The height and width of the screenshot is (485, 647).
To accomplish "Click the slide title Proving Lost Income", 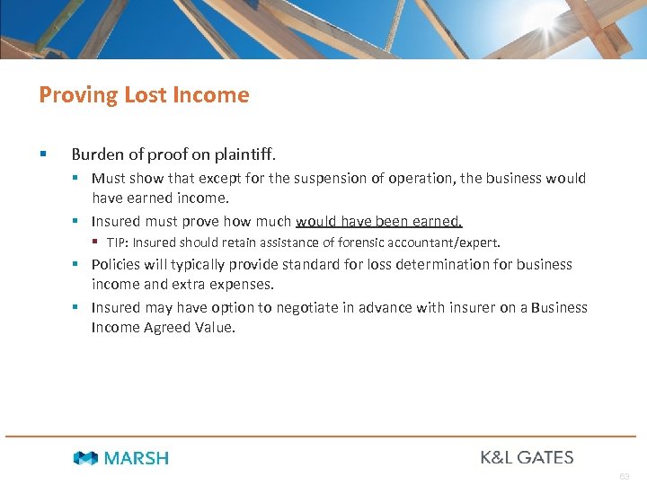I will tap(144, 94).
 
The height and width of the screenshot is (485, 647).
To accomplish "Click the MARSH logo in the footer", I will tap(121, 458).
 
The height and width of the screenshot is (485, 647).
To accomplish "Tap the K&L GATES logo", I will tap(527, 457).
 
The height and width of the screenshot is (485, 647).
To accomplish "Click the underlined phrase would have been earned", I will tap(378, 221).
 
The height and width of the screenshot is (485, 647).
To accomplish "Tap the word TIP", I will tap(116, 242).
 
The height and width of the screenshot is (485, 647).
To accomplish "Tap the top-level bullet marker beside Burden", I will tap(42, 154).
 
